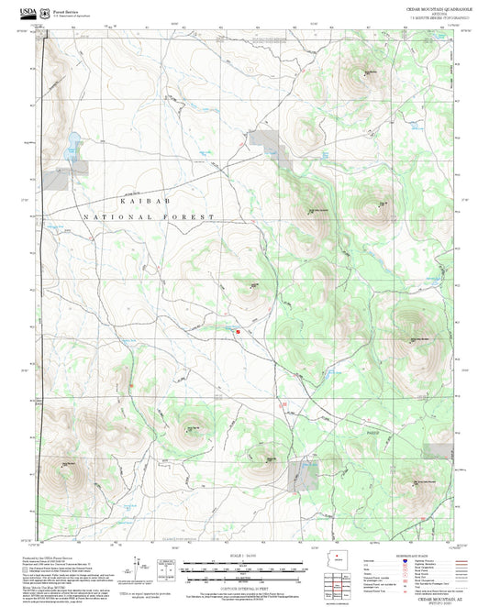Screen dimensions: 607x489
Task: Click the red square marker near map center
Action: coord(238,331)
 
